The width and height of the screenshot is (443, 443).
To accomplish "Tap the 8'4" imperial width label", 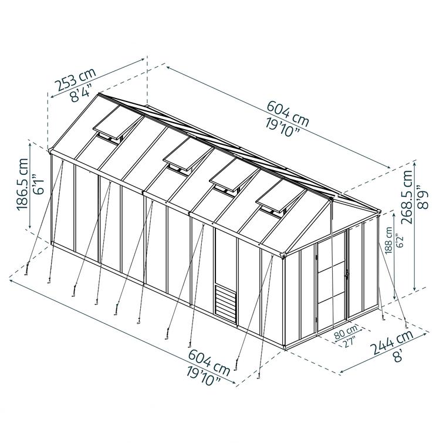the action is [82, 92].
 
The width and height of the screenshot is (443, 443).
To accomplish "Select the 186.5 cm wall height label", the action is [23, 184].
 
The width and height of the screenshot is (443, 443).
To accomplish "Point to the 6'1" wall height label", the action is [38, 184].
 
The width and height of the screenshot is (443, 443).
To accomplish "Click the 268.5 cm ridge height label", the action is [407, 197].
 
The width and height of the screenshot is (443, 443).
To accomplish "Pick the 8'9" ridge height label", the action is [423, 197].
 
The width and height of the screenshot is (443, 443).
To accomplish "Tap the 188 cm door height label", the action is [390, 241].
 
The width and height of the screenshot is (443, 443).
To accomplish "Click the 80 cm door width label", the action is [346, 332].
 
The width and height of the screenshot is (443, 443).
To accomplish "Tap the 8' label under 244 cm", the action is [398, 356].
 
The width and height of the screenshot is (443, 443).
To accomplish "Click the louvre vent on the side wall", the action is [225, 304].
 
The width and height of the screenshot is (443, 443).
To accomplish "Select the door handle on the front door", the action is [346, 273].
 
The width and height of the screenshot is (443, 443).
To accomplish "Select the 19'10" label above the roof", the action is [283, 127].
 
